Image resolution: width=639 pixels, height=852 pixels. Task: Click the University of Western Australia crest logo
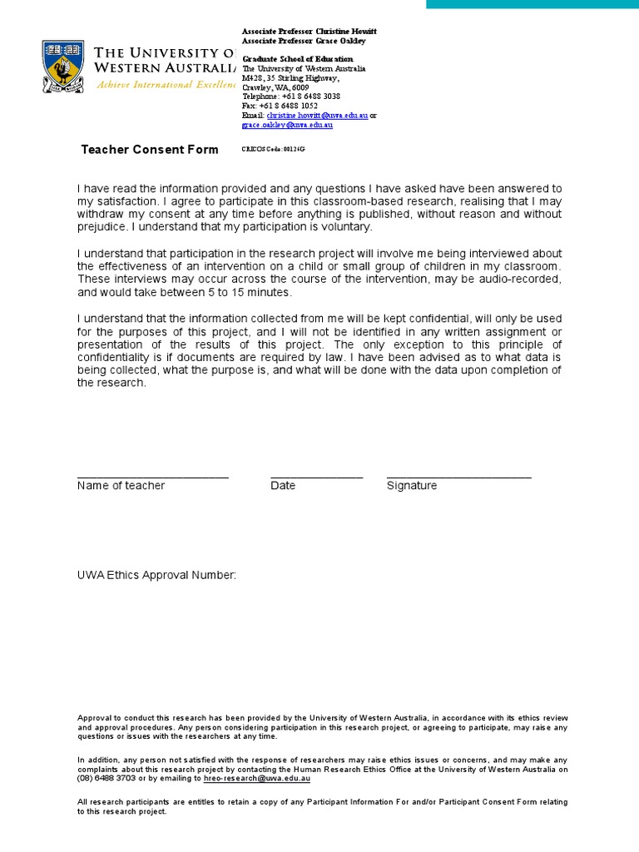tap(63, 67)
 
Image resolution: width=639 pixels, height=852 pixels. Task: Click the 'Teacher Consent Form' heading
tap(150, 150)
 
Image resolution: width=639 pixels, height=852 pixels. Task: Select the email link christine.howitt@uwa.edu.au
tap(317, 116)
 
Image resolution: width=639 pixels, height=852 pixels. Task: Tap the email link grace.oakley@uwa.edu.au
tap(287, 125)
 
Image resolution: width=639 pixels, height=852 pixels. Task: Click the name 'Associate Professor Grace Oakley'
tap(303, 41)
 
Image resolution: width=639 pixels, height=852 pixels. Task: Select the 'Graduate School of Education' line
tap(297, 59)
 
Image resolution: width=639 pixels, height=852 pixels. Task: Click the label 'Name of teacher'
tap(121, 486)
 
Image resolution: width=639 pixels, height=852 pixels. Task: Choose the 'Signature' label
tap(411, 486)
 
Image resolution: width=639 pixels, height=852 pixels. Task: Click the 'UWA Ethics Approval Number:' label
tap(156, 576)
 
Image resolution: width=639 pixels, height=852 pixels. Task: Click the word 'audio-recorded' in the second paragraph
tap(522, 280)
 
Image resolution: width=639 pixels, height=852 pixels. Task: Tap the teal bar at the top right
tap(532, 4)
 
